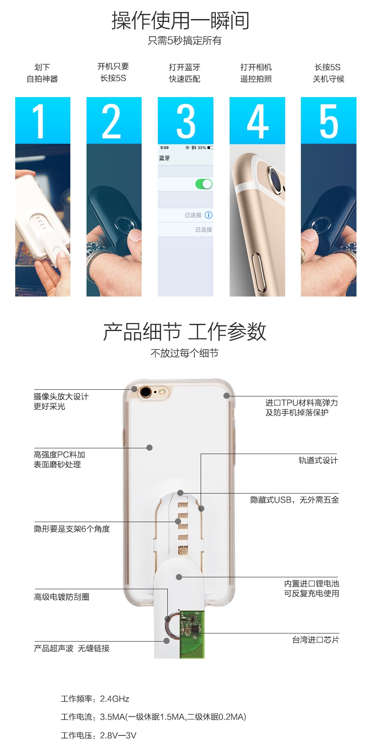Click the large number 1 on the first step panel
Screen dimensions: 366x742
coord(39,121)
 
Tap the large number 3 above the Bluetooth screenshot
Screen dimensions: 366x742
coord(186,121)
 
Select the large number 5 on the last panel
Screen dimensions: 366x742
coord(328,121)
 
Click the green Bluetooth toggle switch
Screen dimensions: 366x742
coord(204,184)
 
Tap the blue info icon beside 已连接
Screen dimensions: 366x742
coord(209,215)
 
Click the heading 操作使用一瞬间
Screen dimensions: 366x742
coord(180,20)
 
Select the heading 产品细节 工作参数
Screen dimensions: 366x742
coord(184,331)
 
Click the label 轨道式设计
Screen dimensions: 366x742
coord(318,460)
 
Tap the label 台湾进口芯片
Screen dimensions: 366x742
coord(315,640)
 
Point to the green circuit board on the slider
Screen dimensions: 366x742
coord(192,634)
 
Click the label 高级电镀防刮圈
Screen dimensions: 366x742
coord(61,597)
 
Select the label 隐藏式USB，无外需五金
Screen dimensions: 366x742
coord(295,500)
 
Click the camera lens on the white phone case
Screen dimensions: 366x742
coord(145,393)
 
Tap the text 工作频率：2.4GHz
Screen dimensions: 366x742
coord(95,699)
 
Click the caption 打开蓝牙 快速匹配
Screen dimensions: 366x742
coord(184,73)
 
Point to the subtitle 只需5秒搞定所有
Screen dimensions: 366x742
coord(184,41)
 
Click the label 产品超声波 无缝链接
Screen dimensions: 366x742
coord(71,648)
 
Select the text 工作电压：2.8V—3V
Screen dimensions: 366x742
coord(98,735)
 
